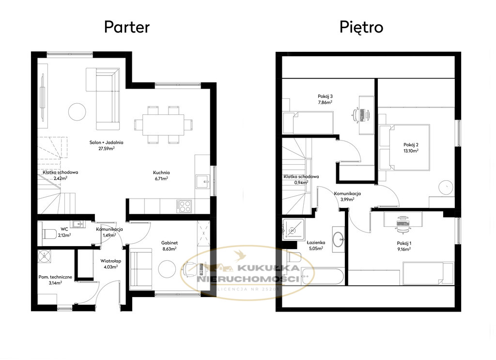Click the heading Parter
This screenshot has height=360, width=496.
pyautogui.click(x=127, y=27)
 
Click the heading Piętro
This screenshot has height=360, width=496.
pyautogui.click(x=361, y=27)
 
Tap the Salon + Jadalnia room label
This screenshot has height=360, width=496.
pyautogui.click(x=106, y=145)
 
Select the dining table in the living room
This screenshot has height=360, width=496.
pyautogui.click(x=163, y=125)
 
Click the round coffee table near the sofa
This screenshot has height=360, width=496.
pyautogui.click(x=77, y=111)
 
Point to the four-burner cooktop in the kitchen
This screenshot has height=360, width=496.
pyautogui.click(x=184, y=206)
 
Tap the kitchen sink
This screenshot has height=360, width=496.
pyautogui.click(x=203, y=181)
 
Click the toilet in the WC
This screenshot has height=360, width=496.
pyautogui.click(x=49, y=234)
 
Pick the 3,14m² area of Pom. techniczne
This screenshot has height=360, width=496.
pyautogui.click(x=55, y=283)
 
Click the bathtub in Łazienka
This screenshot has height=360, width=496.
pyautogui.click(x=322, y=277)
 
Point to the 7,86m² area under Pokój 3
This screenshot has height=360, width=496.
pyautogui.click(x=325, y=102)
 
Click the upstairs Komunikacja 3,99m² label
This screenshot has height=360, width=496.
pyautogui.click(x=347, y=196)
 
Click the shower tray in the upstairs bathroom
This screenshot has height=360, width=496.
pyautogui.click(x=294, y=230)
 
